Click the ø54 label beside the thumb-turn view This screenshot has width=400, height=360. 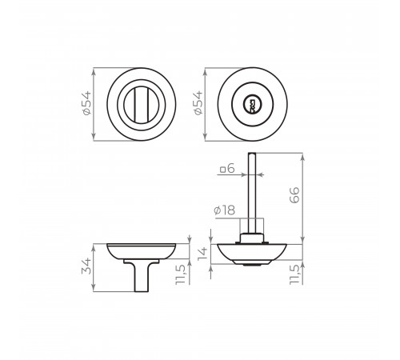tap(86, 103)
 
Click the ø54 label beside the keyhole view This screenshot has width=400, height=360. tap(198, 103)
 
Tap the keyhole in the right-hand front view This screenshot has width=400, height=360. tap(251, 104)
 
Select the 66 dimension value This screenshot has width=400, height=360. tap(294, 195)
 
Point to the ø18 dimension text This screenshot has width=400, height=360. tap(225, 210)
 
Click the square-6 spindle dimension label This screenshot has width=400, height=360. tap(227, 169)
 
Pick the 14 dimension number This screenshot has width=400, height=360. tap(202, 254)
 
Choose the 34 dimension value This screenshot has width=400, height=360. tap(86, 266)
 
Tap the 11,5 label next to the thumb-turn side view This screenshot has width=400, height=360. tap(180, 274)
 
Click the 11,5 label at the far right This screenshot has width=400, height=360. tap(294, 274)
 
